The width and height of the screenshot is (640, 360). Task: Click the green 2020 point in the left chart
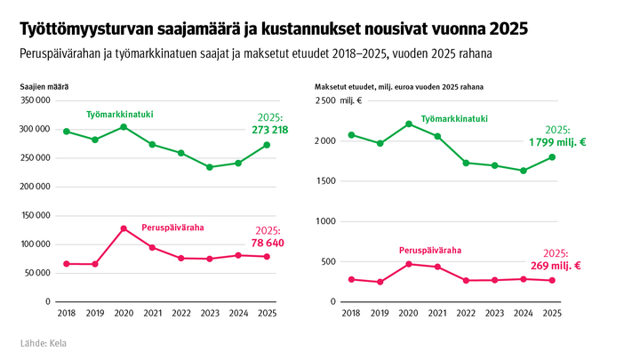[124, 127]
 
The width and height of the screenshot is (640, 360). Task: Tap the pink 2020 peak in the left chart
[124, 228]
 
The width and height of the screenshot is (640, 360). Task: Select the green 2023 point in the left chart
[210, 167]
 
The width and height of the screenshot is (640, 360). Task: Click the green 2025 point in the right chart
[552, 157]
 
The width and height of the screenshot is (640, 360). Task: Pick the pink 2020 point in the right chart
[409, 264]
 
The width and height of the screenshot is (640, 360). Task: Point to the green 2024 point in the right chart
[524, 171]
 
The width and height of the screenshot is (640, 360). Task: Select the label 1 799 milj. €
[557, 141]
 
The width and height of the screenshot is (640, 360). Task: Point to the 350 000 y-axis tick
[33, 100]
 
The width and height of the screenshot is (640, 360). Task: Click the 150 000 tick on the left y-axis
[33, 215]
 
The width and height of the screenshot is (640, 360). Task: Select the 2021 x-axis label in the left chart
[152, 314]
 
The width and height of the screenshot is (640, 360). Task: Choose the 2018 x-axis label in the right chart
[351, 314]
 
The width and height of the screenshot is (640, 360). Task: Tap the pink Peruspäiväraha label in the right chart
[429, 251]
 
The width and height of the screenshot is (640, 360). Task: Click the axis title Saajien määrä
[44, 86]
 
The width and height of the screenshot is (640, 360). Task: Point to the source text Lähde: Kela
[43, 343]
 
